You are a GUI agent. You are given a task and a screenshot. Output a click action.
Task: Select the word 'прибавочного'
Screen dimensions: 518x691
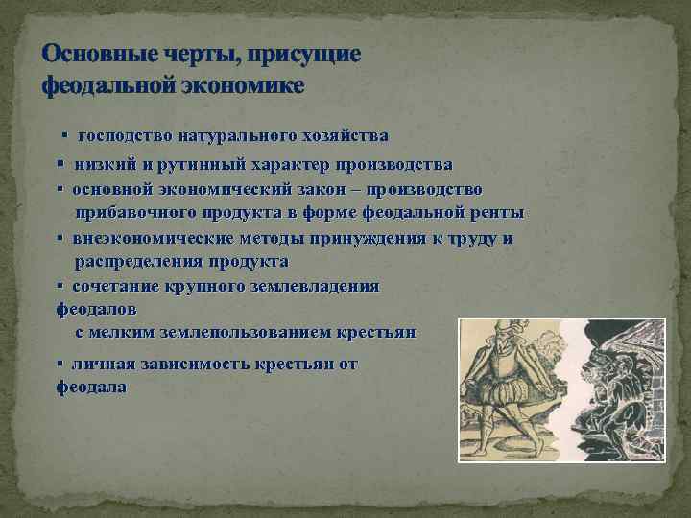click(x=136, y=212)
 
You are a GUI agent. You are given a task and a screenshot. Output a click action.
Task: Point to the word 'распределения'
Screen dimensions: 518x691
click(x=140, y=261)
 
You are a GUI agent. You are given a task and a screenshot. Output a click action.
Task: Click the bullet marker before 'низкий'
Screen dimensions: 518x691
click(x=60, y=165)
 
